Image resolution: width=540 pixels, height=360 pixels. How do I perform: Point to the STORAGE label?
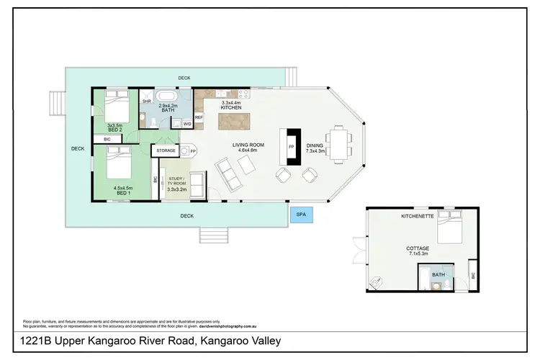point(166,150)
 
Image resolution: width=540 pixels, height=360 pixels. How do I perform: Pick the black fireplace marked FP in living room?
point(292,148)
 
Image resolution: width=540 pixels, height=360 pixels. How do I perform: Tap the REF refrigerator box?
point(199,117)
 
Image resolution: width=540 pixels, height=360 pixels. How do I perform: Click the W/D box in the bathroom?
point(186,124)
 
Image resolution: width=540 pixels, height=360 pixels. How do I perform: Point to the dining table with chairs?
point(337,141)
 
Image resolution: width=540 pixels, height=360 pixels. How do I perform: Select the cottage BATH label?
point(438,274)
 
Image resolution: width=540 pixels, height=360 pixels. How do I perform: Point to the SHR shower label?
point(146,102)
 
